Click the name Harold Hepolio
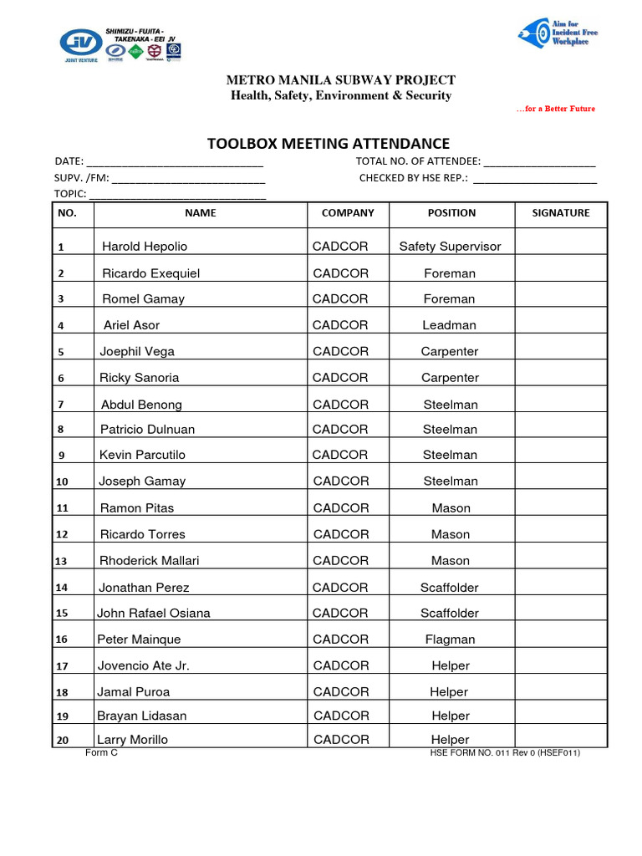pyautogui.click(x=145, y=247)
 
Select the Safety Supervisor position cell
pyautogui.click(x=450, y=247)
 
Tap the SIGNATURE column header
pyautogui.click(x=560, y=213)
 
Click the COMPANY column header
pyautogui.click(x=348, y=213)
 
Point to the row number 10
pyautogui.click(x=62, y=482)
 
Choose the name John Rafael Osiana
pyautogui.click(x=154, y=614)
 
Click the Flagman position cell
pyautogui.click(x=450, y=639)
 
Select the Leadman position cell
pyautogui.click(x=450, y=325)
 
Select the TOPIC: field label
pyautogui.click(x=70, y=194)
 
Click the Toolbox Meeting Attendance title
pyautogui.click(x=328, y=144)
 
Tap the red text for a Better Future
pyautogui.click(x=555, y=110)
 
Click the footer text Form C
pyautogui.click(x=102, y=752)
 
